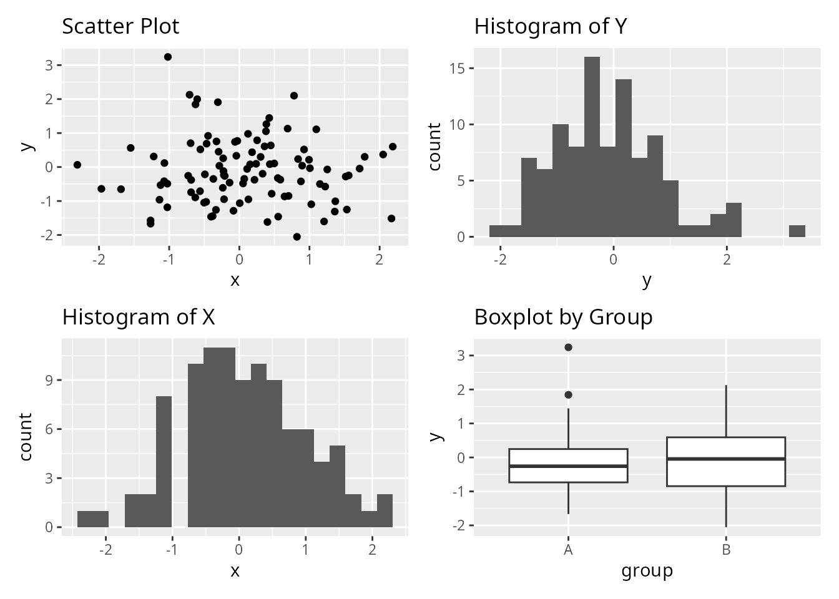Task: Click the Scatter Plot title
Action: (x=120, y=27)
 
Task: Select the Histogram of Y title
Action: (x=550, y=27)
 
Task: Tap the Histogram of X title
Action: (x=138, y=318)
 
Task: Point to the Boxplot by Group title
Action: (x=563, y=318)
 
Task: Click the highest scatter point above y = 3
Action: (x=168, y=57)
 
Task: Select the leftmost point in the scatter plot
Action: (x=77, y=165)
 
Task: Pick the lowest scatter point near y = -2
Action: (x=297, y=236)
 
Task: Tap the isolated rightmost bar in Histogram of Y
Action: (x=797, y=231)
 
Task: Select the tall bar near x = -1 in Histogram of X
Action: (x=164, y=462)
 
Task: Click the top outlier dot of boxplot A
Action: (x=568, y=348)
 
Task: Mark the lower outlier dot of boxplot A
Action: (x=568, y=395)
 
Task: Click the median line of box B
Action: (x=725, y=459)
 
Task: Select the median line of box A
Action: (x=568, y=466)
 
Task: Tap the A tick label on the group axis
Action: (x=568, y=550)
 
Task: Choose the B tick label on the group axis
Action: (x=726, y=550)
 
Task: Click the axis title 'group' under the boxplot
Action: (x=647, y=571)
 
